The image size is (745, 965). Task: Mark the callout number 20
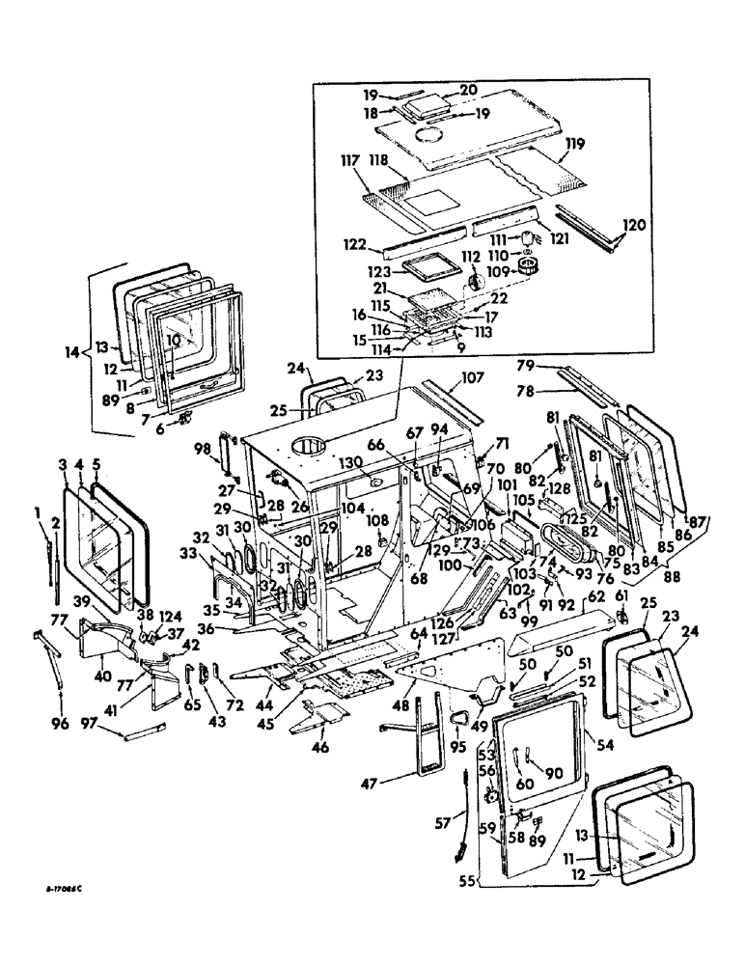468,90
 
